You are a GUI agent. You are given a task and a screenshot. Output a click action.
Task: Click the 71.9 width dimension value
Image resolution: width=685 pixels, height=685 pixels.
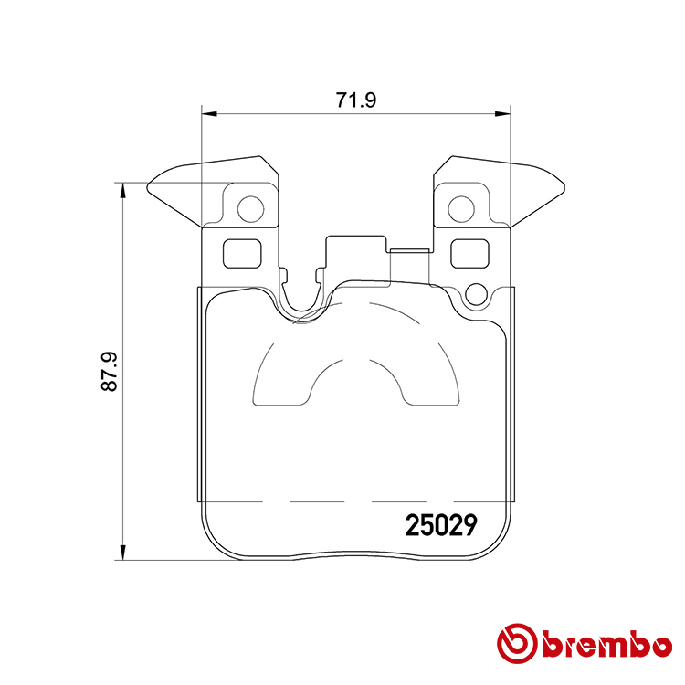coord(356,101)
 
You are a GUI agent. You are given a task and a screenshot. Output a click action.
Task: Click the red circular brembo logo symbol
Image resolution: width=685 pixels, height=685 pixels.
coord(514,644)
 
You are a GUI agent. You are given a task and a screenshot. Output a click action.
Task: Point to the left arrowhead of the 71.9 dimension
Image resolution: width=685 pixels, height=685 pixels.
coord(209,114)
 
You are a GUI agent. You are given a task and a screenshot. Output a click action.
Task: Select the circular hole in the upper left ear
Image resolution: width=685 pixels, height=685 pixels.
coord(249,210)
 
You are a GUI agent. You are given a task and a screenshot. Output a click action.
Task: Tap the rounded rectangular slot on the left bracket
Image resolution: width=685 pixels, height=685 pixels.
coord(242,252)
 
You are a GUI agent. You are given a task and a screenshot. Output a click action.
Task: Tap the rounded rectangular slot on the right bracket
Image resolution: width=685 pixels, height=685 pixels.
coord(470,252)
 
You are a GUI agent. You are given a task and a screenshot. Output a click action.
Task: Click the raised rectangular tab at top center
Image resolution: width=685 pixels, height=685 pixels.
coord(356,247)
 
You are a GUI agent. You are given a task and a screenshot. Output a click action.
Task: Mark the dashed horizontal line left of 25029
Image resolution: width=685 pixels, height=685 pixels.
coord(301,502)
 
